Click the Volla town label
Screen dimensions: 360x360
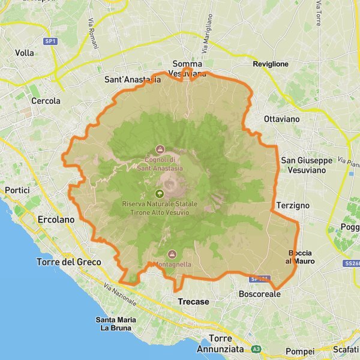click(x=25, y=53)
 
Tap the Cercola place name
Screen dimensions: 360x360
click(x=46, y=101)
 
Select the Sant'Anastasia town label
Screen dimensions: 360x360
click(x=132, y=79)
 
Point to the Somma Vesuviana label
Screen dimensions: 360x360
click(x=188, y=68)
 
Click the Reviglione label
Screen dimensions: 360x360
click(x=271, y=64)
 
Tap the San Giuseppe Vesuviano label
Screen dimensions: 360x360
click(x=307, y=166)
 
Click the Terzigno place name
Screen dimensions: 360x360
click(x=293, y=205)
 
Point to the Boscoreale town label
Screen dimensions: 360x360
click(x=259, y=294)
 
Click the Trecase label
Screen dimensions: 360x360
click(x=194, y=301)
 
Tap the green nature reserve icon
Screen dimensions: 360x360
click(x=159, y=194)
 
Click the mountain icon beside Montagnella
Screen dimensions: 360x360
click(x=173, y=254)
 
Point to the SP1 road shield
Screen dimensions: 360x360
click(x=50, y=41)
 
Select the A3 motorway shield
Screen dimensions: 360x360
click(x=257, y=349)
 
